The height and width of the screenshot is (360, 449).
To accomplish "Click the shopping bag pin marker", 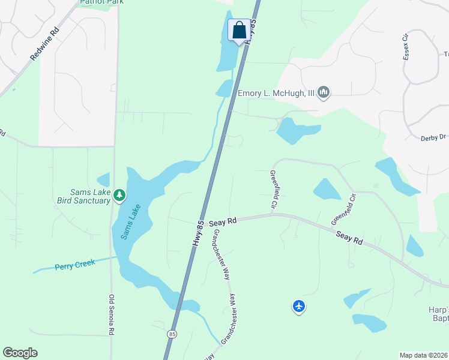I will [239, 30].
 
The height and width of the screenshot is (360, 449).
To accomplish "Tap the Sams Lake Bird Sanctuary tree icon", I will [120, 194].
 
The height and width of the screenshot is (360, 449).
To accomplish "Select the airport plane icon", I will [299, 307].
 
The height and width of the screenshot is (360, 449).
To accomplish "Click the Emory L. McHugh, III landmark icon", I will [324, 92].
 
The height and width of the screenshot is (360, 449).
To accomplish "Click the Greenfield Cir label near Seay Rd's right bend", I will [343, 209].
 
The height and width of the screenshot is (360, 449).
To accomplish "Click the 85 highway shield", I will [172, 334].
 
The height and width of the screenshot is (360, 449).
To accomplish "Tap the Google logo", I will [20, 353].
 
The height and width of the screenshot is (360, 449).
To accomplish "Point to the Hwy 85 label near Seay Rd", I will [197, 232].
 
